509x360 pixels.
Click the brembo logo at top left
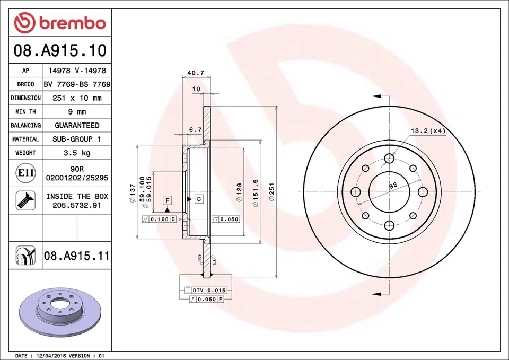[x=60, y=23]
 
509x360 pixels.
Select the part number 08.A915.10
[x=60, y=51]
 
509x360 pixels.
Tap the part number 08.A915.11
[x=77, y=256]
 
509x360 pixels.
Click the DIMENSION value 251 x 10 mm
[x=77, y=98]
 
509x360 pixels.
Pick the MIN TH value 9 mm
[x=77, y=112]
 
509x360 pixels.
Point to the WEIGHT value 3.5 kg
[x=77, y=153]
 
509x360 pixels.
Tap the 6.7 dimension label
[x=195, y=129]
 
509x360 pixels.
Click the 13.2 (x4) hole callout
[x=426, y=130]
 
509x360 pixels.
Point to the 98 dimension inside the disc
[x=393, y=186]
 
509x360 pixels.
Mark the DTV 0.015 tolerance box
[x=206, y=291]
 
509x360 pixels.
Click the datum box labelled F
[x=167, y=200]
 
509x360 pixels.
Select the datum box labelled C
[x=199, y=199]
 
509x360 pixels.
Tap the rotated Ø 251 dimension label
[x=271, y=192]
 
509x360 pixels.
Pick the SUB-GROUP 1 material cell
[x=77, y=139]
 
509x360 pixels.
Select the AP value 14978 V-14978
[x=77, y=71]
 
